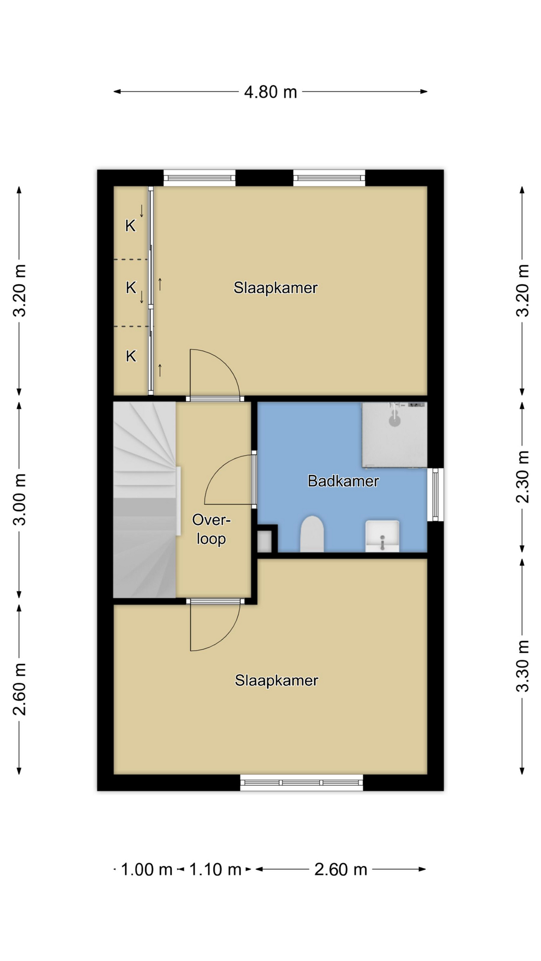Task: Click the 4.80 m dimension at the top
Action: coord(270,92)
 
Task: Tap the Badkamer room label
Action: coord(343,481)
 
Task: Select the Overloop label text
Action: coord(211,529)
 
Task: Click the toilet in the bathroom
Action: coord(312,534)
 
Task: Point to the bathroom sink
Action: coord(382,536)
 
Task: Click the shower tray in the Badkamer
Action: coord(395,435)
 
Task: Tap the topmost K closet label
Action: coord(130,226)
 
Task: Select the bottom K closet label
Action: coord(131,356)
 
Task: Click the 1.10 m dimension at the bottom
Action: coord(215,869)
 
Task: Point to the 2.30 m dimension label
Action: coord(522,476)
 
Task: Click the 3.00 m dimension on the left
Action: coord(20,499)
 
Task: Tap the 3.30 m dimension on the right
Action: coord(522,666)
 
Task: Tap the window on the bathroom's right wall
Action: coord(435,495)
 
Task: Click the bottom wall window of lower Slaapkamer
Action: coord(302,782)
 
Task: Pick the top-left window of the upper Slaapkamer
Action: coord(199,178)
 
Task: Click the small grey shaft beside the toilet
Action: coord(264,541)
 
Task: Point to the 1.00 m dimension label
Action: coord(146,869)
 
